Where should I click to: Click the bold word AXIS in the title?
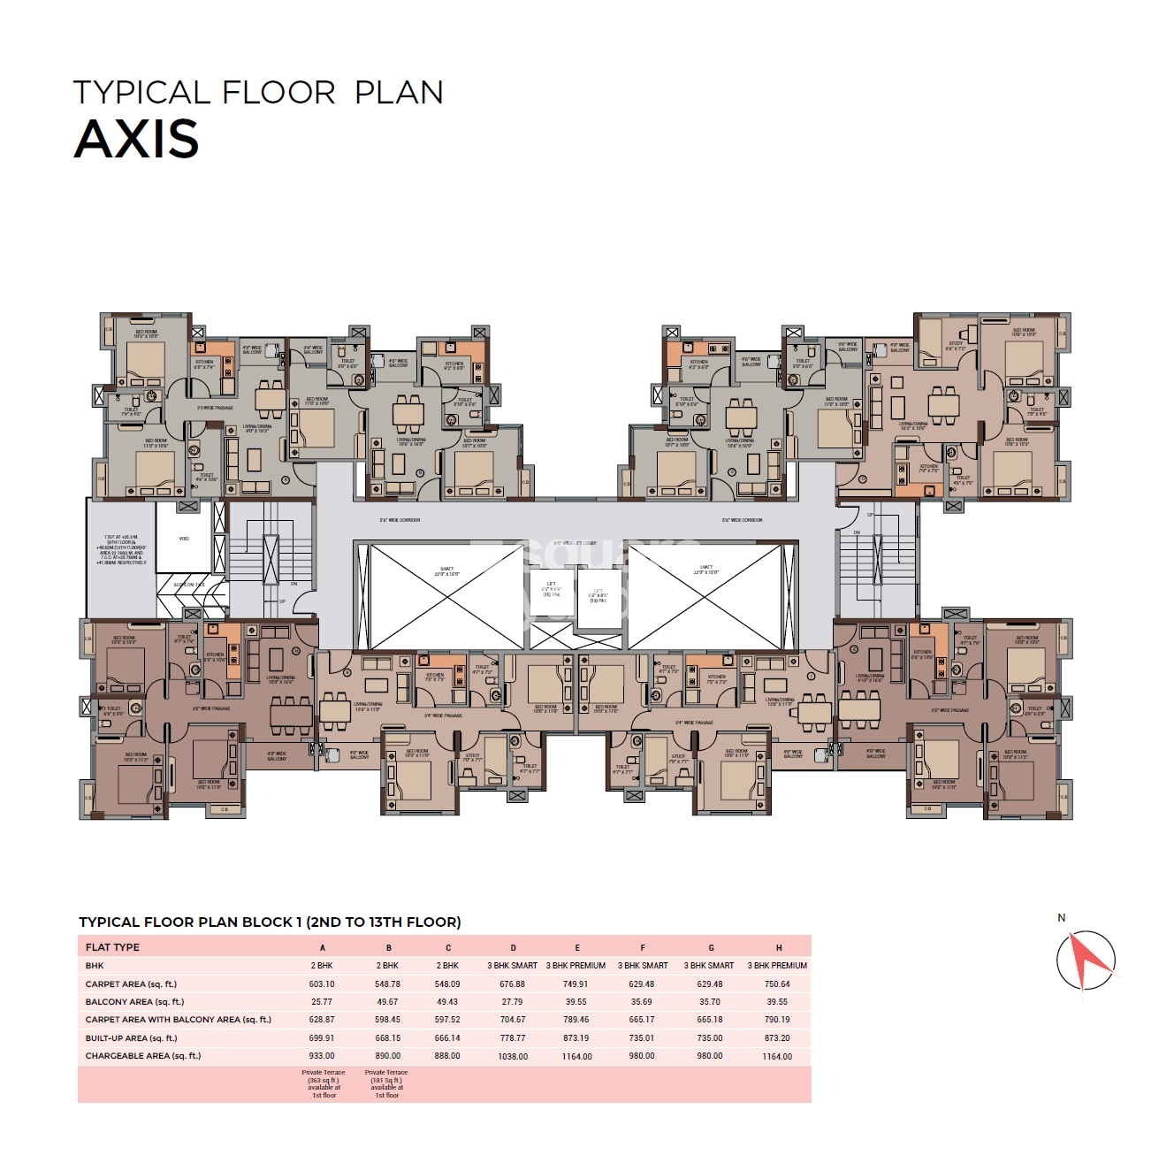pyautogui.click(x=137, y=140)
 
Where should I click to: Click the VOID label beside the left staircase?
pyautogui.click(x=184, y=538)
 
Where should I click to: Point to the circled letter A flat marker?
pyautogui.click(x=286, y=479)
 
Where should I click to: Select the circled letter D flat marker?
pyautogui.click(x=863, y=478)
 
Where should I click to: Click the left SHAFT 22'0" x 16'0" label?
pyautogui.click(x=447, y=570)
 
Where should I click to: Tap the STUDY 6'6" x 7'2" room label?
pyautogui.click(x=956, y=346)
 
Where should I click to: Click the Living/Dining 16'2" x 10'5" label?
pyautogui.click(x=912, y=425)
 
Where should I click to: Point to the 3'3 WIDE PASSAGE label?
pyautogui.click(x=214, y=408)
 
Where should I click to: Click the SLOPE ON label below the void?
pyautogui.click(x=189, y=585)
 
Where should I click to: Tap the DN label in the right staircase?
pyautogui.click(x=857, y=532)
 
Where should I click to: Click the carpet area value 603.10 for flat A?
pyautogui.click(x=322, y=984)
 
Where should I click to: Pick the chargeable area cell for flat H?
pyautogui.click(x=777, y=1056)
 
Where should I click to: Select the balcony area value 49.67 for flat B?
pyautogui.click(x=387, y=1002)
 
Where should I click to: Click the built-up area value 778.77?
pyautogui.click(x=513, y=1038)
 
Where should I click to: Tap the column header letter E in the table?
pyautogui.click(x=577, y=947)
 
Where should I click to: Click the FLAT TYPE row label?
pyautogui.click(x=112, y=947)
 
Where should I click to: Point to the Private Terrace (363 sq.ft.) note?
pyautogui.click(x=324, y=1083)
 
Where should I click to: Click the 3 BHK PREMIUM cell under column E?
pyautogui.click(x=576, y=966)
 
